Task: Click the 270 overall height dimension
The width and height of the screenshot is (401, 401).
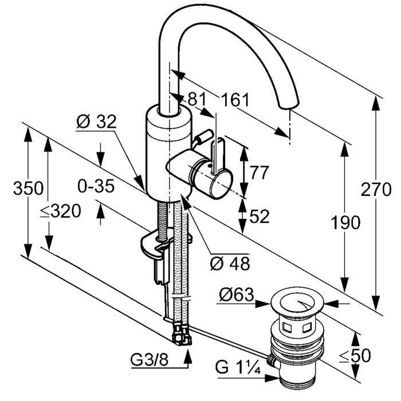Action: (376, 190)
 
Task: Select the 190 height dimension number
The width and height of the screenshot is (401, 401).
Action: (345, 222)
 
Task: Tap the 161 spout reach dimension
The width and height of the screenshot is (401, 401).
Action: (235, 100)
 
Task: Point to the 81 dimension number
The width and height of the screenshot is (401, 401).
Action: (196, 99)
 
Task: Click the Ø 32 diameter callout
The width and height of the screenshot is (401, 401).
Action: (96, 121)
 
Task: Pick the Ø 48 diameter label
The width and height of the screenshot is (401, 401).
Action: (230, 264)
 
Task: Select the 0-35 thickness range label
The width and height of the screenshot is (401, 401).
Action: (96, 186)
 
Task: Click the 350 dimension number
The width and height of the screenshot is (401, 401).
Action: (29, 188)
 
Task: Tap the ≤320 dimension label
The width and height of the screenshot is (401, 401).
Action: (61, 211)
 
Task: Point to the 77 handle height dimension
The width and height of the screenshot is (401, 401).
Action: (260, 172)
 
